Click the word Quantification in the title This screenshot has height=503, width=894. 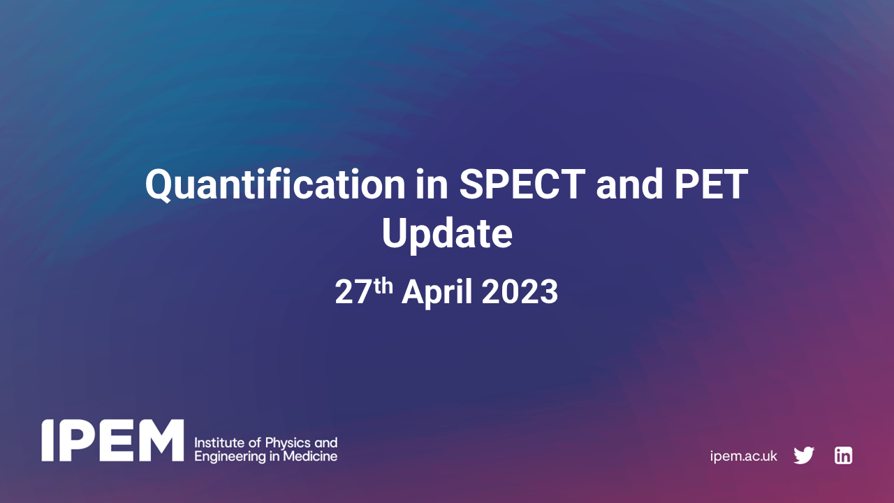[274, 185]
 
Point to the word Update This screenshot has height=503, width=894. [447, 234]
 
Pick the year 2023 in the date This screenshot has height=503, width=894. [520, 292]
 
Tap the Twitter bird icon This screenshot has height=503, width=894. [804, 455]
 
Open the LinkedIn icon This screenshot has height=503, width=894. [843, 455]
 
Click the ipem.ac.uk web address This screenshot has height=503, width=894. [743, 456]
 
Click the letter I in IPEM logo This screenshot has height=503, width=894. [48, 441]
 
